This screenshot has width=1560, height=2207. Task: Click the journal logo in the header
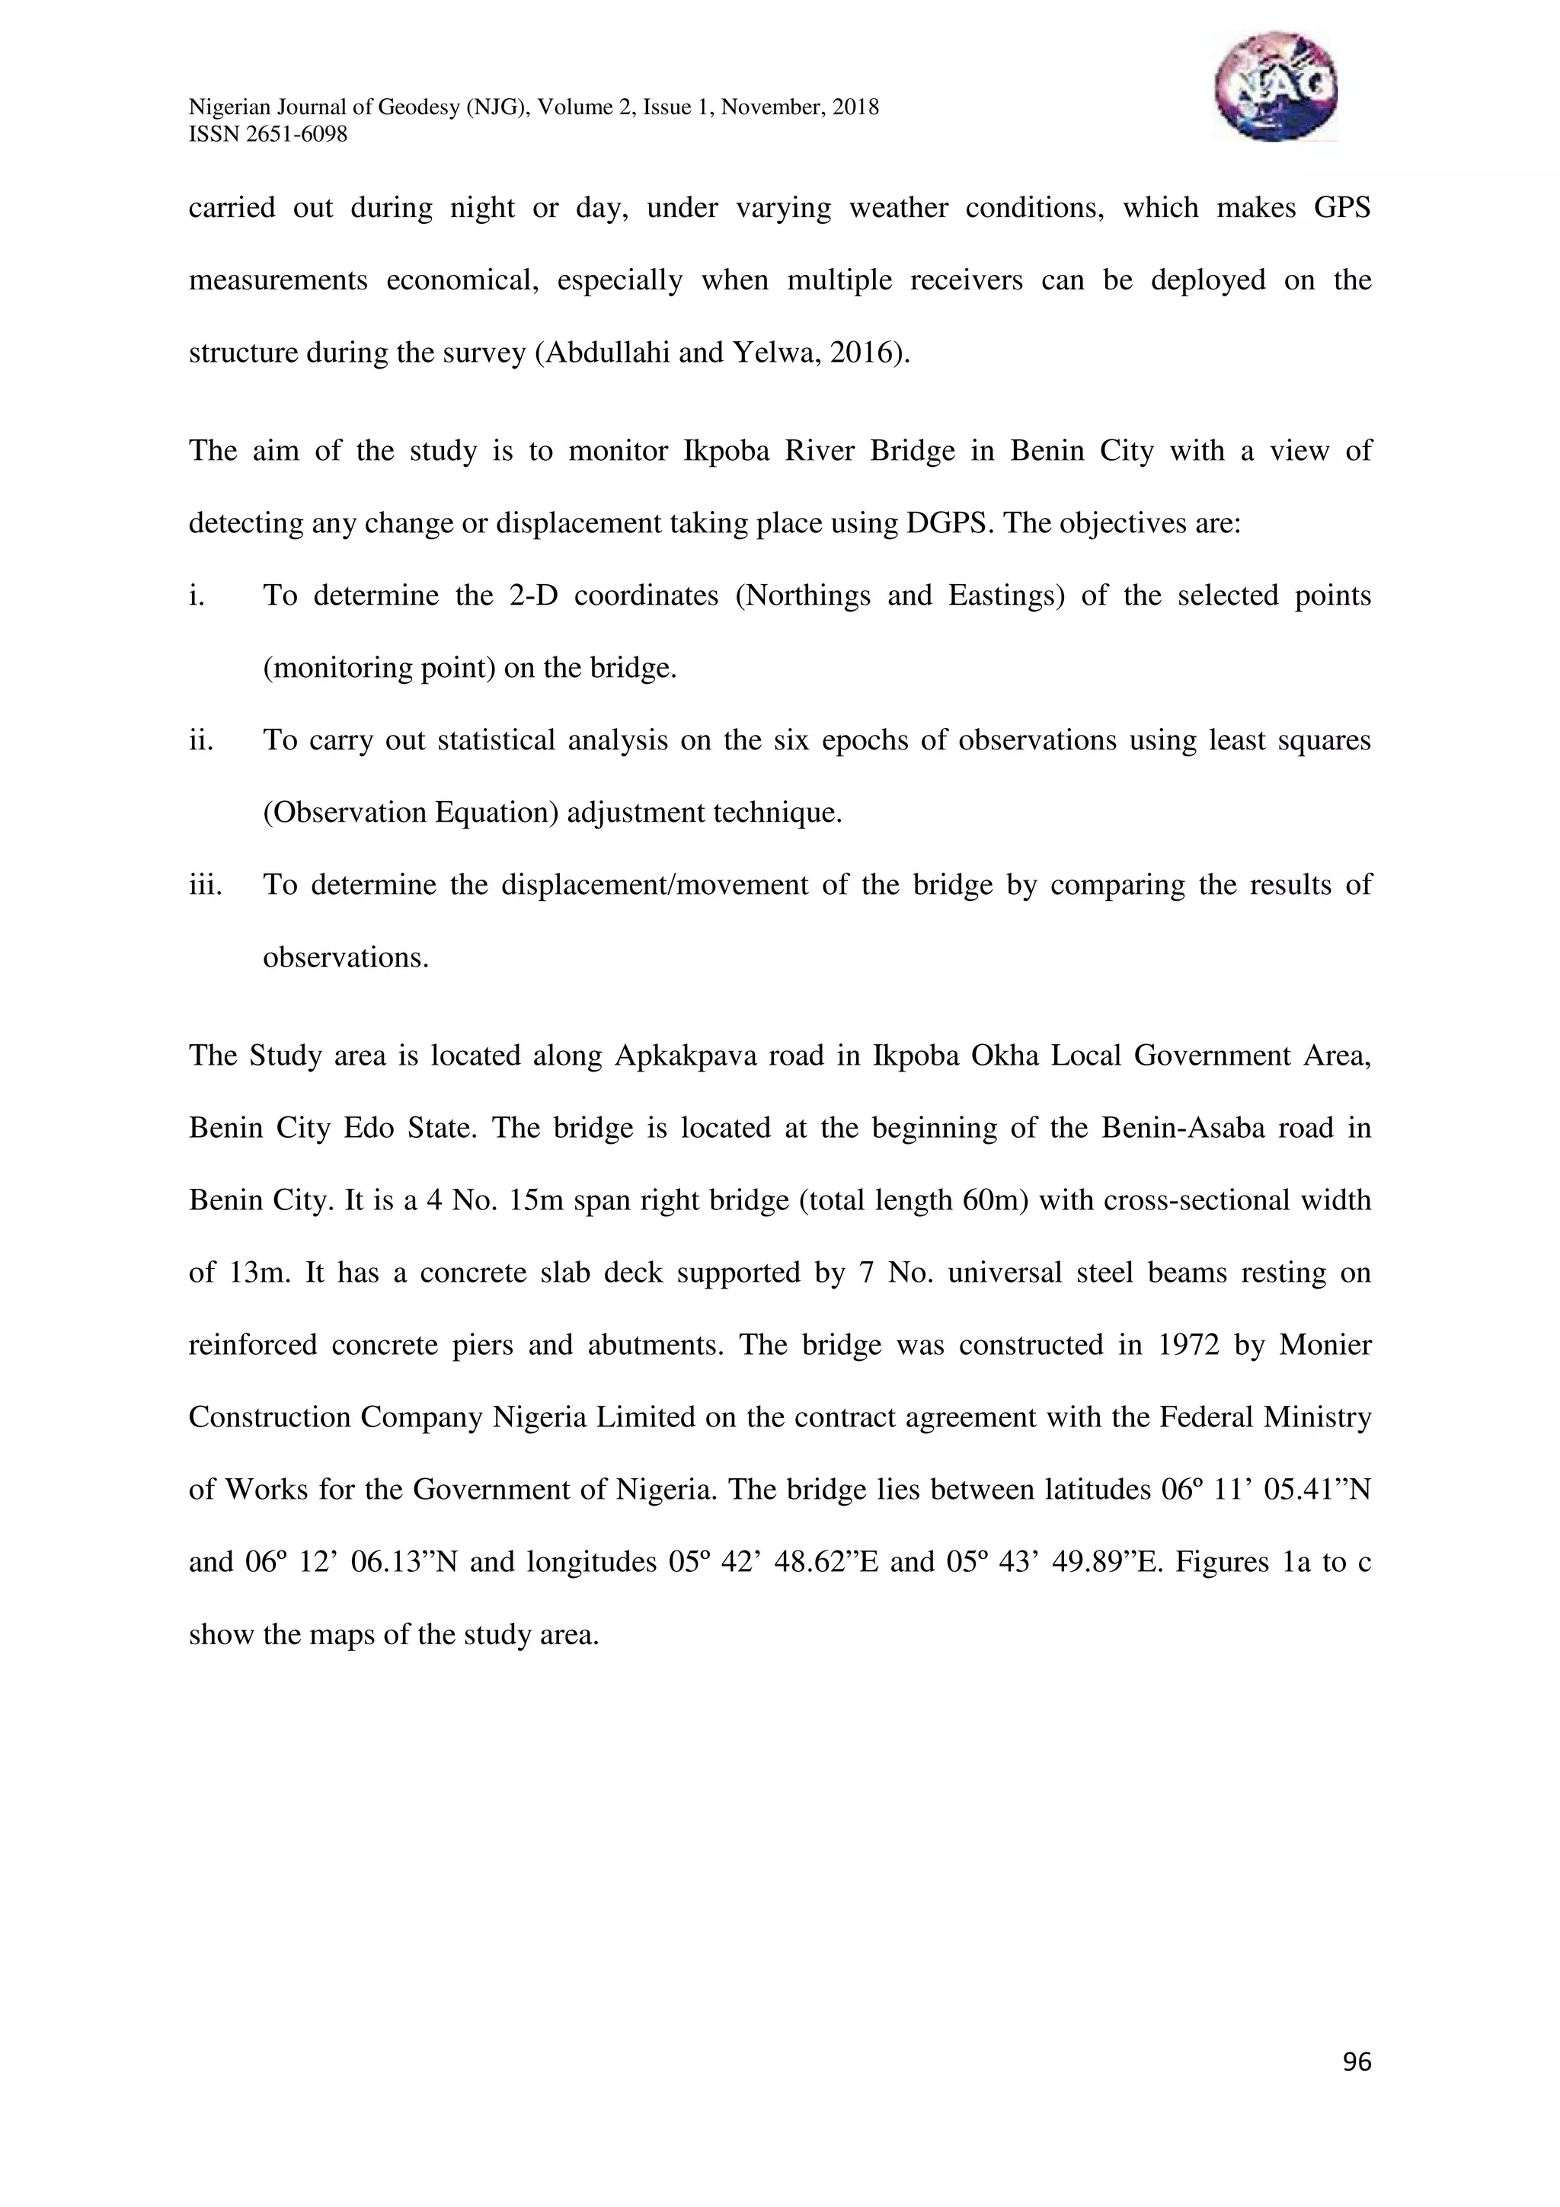pos(1274,87)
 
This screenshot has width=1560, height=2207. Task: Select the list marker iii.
pos(205,884)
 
